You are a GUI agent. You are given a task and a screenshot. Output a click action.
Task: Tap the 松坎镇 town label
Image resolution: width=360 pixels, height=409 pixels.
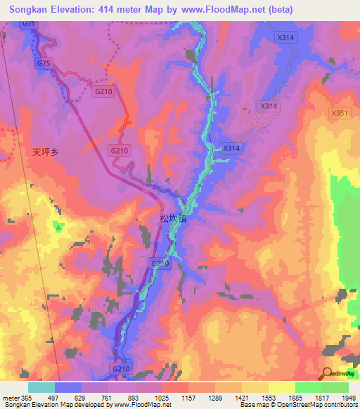[x=173, y=219]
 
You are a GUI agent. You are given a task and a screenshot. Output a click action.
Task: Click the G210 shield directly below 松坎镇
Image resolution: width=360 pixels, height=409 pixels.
[x=160, y=263]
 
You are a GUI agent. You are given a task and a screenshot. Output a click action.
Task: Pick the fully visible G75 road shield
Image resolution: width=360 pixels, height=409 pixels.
[x=44, y=63]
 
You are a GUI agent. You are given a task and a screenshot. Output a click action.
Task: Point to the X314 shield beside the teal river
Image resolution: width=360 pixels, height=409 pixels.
[x=231, y=148]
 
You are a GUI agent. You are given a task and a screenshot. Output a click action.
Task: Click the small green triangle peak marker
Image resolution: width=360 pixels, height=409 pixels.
[x=58, y=226]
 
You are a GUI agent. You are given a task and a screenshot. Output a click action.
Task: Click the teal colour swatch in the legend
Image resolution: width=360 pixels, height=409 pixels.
[x=41, y=387]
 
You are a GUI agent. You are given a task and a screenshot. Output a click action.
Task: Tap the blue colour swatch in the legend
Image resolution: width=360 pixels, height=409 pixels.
[x=68, y=387]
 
